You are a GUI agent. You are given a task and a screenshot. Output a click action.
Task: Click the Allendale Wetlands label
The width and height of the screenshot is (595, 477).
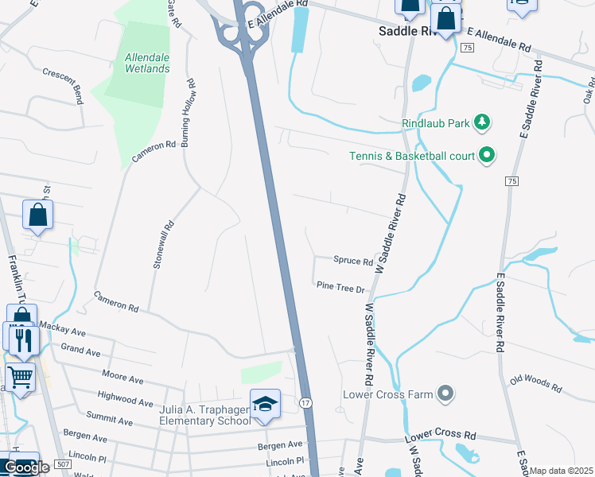click(x=147, y=63)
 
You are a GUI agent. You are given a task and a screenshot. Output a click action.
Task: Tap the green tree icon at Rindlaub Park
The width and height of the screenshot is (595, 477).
click(x=480, y=122)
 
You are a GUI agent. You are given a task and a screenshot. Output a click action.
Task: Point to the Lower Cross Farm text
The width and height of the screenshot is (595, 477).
click(x=387, y=394)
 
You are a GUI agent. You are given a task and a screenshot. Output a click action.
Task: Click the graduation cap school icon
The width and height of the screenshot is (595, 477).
click(x=265, y=405)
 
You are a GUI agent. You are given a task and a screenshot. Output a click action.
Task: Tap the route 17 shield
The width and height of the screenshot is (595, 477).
click(x=305, y=403)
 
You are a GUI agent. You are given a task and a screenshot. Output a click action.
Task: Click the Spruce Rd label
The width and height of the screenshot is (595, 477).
click(x=353, y=261)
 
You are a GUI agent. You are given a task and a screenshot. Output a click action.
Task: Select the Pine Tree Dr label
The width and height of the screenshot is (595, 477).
click(x=340, y=288)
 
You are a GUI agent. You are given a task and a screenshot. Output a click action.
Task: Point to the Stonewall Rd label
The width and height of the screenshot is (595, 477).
click(x=157, y=244)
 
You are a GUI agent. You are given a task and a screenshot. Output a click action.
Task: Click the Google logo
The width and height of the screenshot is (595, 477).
click(x=26, y=467)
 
